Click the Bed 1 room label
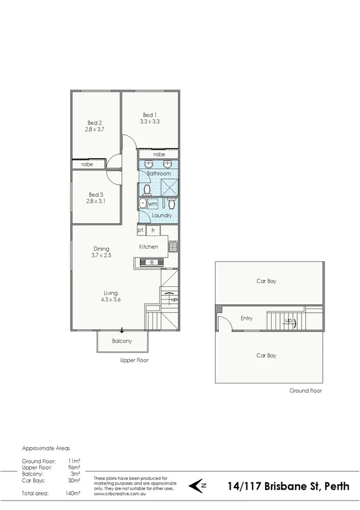click(x=150, y=115)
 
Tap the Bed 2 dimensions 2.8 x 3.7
click(x=95, y=129)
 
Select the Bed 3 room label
click(x=96, y=194)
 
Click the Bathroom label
click(x=159, y=174)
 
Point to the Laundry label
click(x=162, y=215)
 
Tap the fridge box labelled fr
click(x=153, y=230)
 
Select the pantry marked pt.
click(x=141, y=230)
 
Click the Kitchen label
click(x=148, y=247)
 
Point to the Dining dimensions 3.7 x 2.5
click(x=101, y=255)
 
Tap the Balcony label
click(x=122, y=342)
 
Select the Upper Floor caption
click(x=135, y=360)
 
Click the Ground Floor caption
click(x=305, y=390)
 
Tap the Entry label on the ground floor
click(x=246, y=318)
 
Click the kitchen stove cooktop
click(x=172, y=246)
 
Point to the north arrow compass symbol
click(x=200, y=485)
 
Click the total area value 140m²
click(x=73, y=493)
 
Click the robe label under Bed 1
click(x=159, y=155)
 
